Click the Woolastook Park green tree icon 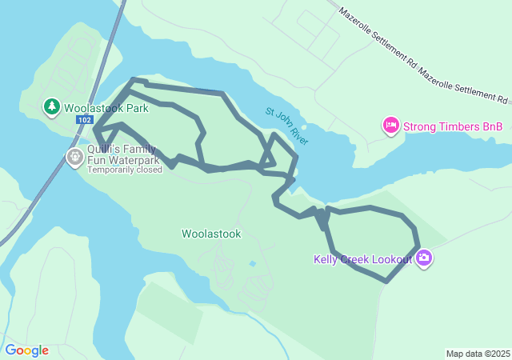tap(52, 106)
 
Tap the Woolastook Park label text tap(106, 107)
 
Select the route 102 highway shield tap(85, 119)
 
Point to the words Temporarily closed tap(125, 170)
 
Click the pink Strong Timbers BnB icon tap(391, 125)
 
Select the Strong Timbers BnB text tap(453, 126)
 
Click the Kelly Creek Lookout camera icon tap(424, 258)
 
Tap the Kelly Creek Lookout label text tap(362, 258)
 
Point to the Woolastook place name tap(211, 234)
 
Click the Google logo tap(26, 350)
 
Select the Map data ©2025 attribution tap(478, 354)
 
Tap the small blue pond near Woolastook tap(253, 263)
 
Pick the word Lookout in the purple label tap(391, 258)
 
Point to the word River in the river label tap(299, 138)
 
